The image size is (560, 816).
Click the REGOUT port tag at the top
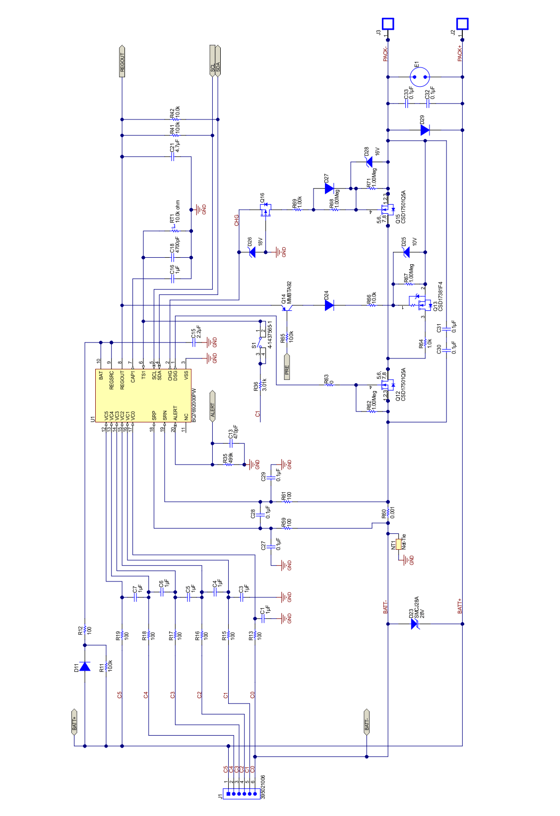(122, 61)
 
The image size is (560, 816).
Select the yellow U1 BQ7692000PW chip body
(143, 396)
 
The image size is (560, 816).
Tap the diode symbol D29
(425, 130)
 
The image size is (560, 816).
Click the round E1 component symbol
(420, 77)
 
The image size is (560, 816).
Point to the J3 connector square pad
(387, 23)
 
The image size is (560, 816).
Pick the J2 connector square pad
(462, 23)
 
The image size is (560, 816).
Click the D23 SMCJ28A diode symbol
(415, 624)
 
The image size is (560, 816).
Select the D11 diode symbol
(85, 666)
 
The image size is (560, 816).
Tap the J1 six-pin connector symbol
(239, 793)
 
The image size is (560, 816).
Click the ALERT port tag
(212, 406)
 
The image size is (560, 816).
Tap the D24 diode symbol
(329, 305)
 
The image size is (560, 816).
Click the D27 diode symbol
(329, 188)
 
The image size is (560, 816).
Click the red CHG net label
(237, 220)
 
